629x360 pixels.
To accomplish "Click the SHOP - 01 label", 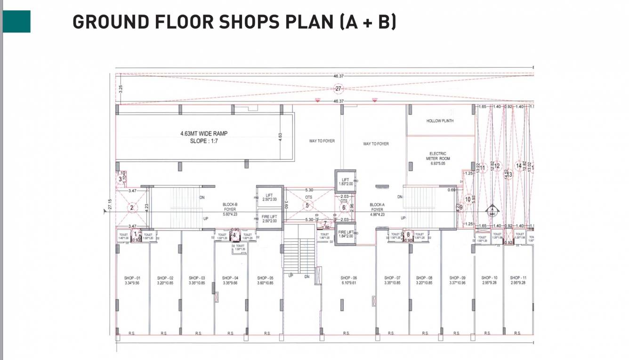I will [132, 278].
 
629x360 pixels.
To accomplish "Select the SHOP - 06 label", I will [349, 278].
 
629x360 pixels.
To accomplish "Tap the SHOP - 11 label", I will [518, 278].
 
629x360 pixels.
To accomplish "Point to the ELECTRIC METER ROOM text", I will [438, 156].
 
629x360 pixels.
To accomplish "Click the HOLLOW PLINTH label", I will [440, 121].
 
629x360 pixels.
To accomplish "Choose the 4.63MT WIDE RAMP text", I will [204, 134].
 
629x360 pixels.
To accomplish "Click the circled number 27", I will [338, 88].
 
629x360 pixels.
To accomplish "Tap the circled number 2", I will [132, 207].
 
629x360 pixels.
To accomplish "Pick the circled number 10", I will [468, 200].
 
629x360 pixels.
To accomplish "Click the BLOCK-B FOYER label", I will [230, 207].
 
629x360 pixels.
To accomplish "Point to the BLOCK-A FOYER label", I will [377, 207].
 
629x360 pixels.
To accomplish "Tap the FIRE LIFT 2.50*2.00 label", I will [269, 219].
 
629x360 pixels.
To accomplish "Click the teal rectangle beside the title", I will [17, 22].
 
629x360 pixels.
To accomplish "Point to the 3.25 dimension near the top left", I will [121, 88].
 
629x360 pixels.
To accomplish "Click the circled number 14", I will [519, 166].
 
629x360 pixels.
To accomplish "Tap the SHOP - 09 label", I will [457, 278].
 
